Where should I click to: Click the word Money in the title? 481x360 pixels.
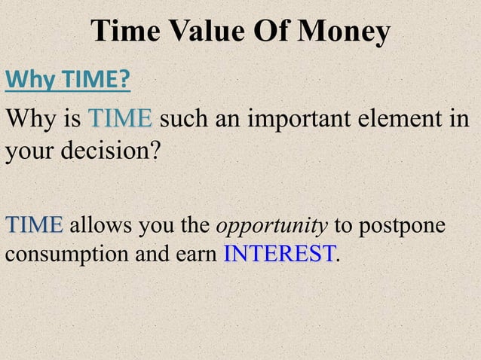[345, 32]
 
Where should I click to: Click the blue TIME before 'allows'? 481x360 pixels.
[35, 224]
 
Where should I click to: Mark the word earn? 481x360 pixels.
[201, 255]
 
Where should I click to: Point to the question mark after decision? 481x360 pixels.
[155, 150]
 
